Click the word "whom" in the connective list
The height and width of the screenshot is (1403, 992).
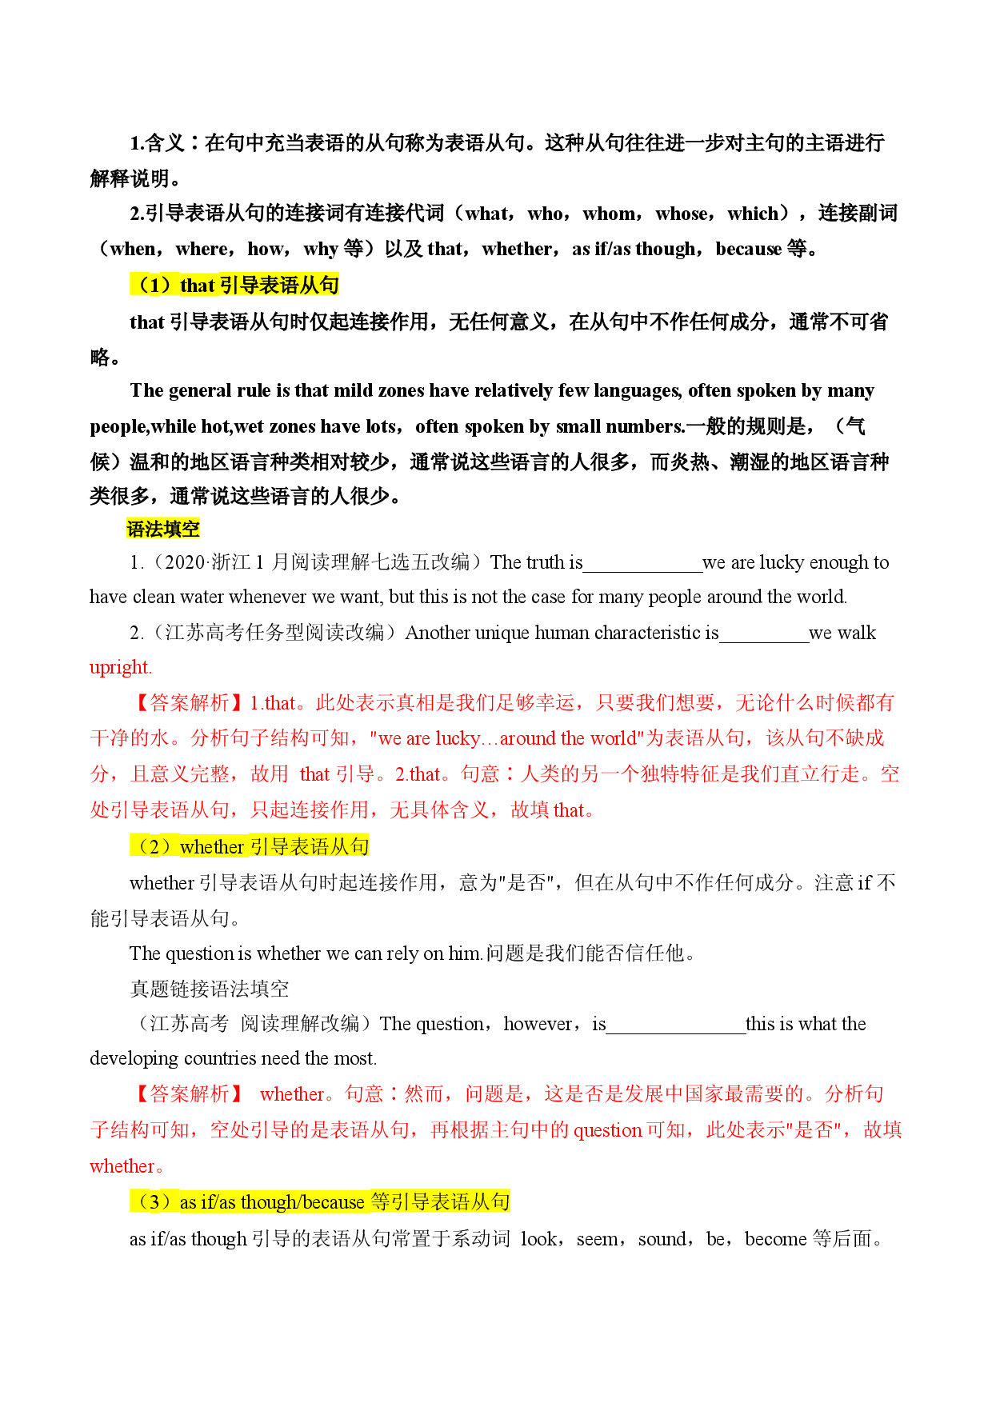[610, 214]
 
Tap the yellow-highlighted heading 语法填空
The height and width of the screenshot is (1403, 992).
[163, 529]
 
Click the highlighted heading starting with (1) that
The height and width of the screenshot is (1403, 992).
[234, 285]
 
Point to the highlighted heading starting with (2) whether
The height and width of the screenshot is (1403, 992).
[250, 846]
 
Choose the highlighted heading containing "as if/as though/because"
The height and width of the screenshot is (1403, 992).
[320, 1201]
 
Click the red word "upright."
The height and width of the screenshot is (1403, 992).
[121, 667]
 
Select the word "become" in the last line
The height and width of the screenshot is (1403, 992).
[776, 1239]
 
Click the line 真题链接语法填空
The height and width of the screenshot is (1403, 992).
[210, 989]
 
